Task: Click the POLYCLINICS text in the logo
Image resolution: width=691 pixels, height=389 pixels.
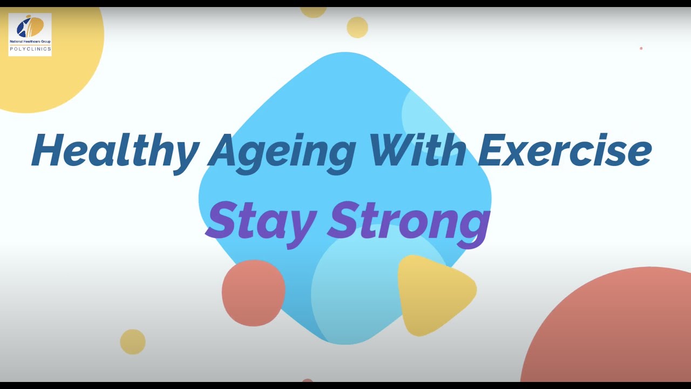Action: coord(30,49)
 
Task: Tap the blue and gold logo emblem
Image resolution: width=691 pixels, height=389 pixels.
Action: coord(30,27)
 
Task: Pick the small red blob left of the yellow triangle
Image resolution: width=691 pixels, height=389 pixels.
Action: coord(253,292)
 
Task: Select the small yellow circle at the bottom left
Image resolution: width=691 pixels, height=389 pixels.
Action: coord(133,341)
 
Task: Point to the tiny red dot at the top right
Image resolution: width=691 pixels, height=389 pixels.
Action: coord(641,49)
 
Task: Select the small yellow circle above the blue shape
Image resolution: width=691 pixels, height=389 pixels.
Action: coord(357,27)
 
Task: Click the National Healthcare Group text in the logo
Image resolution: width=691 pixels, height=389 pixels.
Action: coord(30,41)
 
